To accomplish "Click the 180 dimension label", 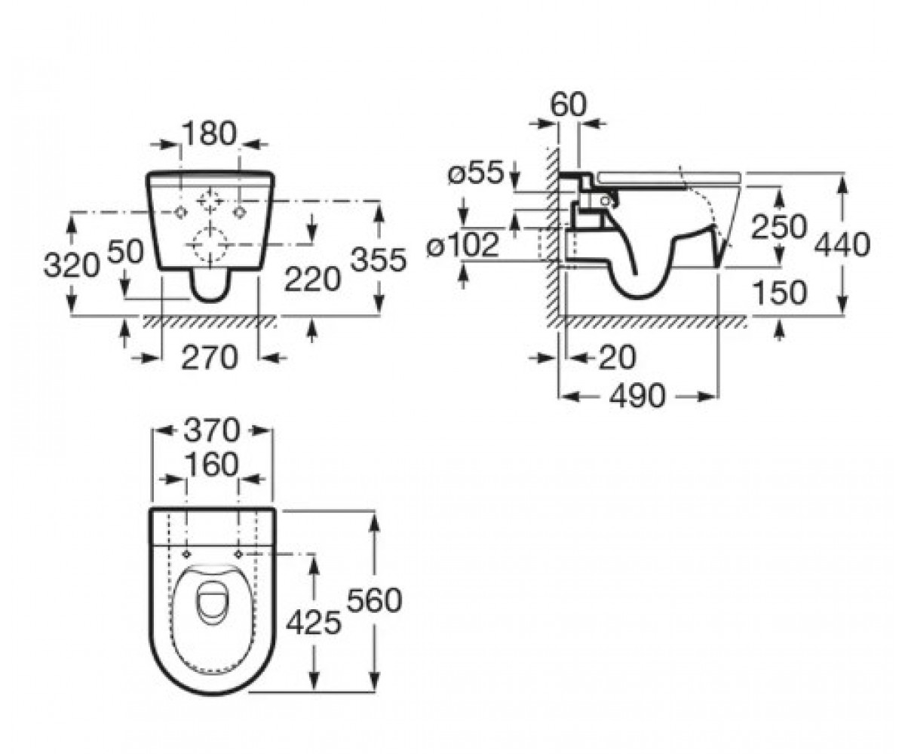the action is [x=210, y=133].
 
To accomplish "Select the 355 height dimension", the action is [x=379, y=259].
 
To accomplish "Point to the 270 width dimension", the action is [x=210, y=357].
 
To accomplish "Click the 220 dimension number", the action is [x=312, y=280].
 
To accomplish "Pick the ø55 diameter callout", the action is [x=477, y=172].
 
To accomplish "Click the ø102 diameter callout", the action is [x=462, y=245].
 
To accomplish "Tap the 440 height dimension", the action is [x=842, y=245].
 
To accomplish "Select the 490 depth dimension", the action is [x=637, y=396].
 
